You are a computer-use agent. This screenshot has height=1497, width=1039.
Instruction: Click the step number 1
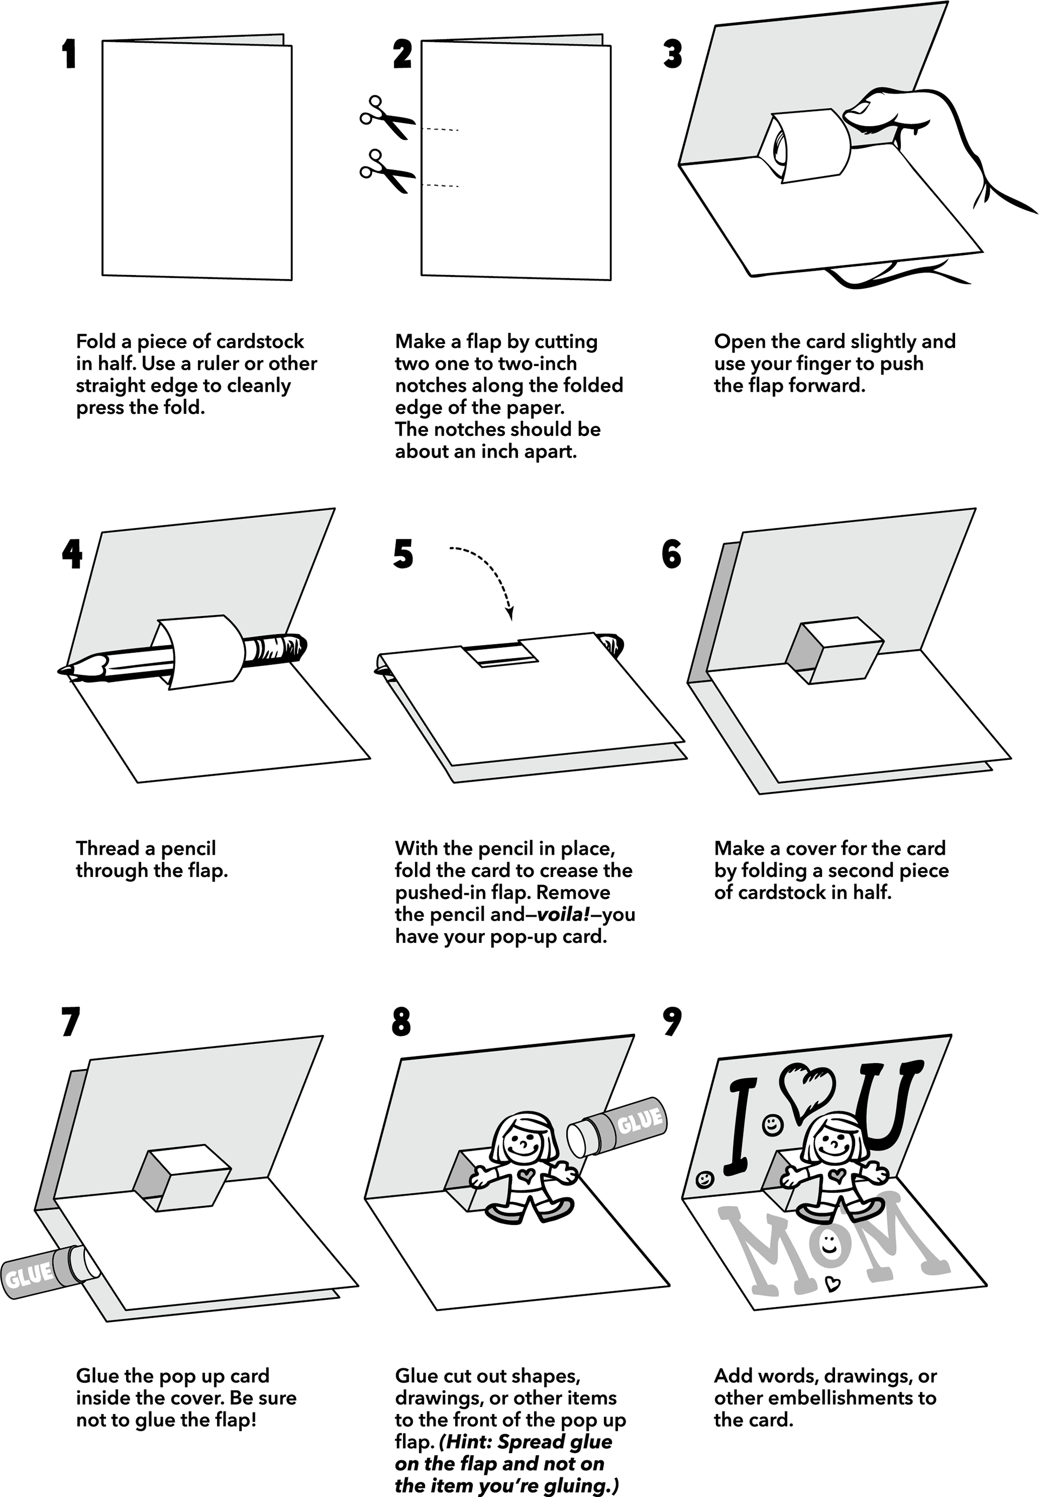click(69, 54)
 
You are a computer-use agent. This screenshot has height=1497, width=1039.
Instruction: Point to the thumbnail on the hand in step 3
click(863, 107)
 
